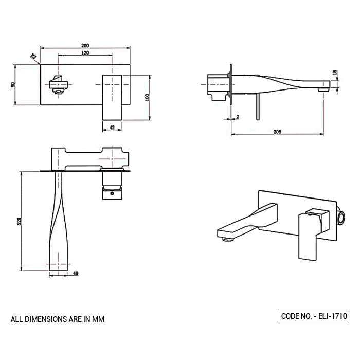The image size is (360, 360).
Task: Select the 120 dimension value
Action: pos(85,53)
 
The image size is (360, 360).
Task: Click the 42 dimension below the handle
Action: pos(112,127)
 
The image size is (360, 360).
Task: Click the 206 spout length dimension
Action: pos(277,132)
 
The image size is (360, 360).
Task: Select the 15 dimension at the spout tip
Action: pos(334,73)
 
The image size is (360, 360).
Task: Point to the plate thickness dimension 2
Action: pos(237,117)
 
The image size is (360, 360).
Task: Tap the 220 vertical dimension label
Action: pos(19,221)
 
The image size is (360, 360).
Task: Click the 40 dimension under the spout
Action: pos(76,274)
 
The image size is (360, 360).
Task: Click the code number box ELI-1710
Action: pos(314,316)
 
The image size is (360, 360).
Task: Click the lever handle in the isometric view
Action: pos(310,234)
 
